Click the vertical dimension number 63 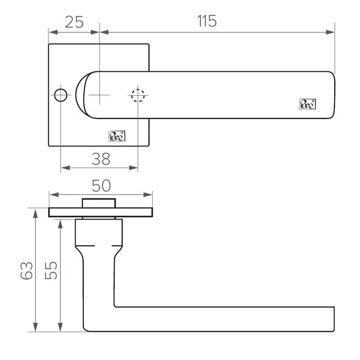pyautogui.click(x=27, y=270)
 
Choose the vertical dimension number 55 pyautogui.click(x=50, y=270)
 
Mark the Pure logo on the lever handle pyautogui.click(x=307, y=103)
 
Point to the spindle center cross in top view pyautogui.click(x=99, y=95)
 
